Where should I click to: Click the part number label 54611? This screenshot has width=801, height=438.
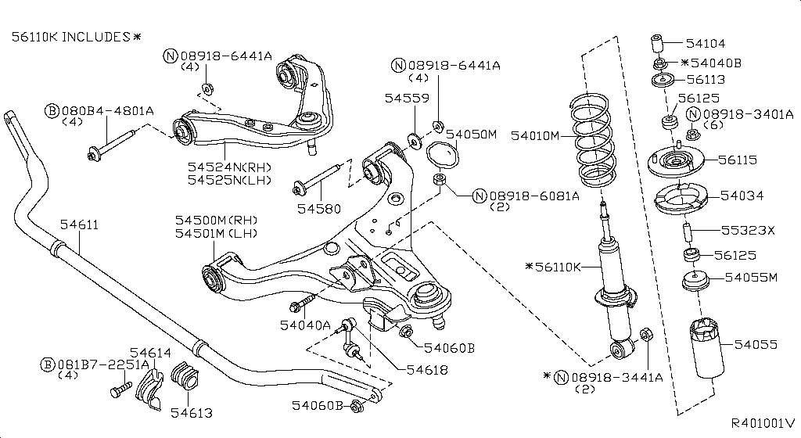click(x=79, y=225)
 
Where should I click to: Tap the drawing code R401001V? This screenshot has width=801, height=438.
click(x=763, y=422)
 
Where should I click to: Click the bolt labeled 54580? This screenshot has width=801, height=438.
click(x=316, y=181)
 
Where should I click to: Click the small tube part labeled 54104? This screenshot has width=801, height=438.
click(x=658, y=41)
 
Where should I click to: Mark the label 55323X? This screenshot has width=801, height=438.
click(x=747, y=231)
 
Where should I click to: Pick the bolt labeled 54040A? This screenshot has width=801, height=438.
click(x=303, y=302)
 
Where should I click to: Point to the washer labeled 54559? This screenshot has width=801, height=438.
click(x=411, y=141)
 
